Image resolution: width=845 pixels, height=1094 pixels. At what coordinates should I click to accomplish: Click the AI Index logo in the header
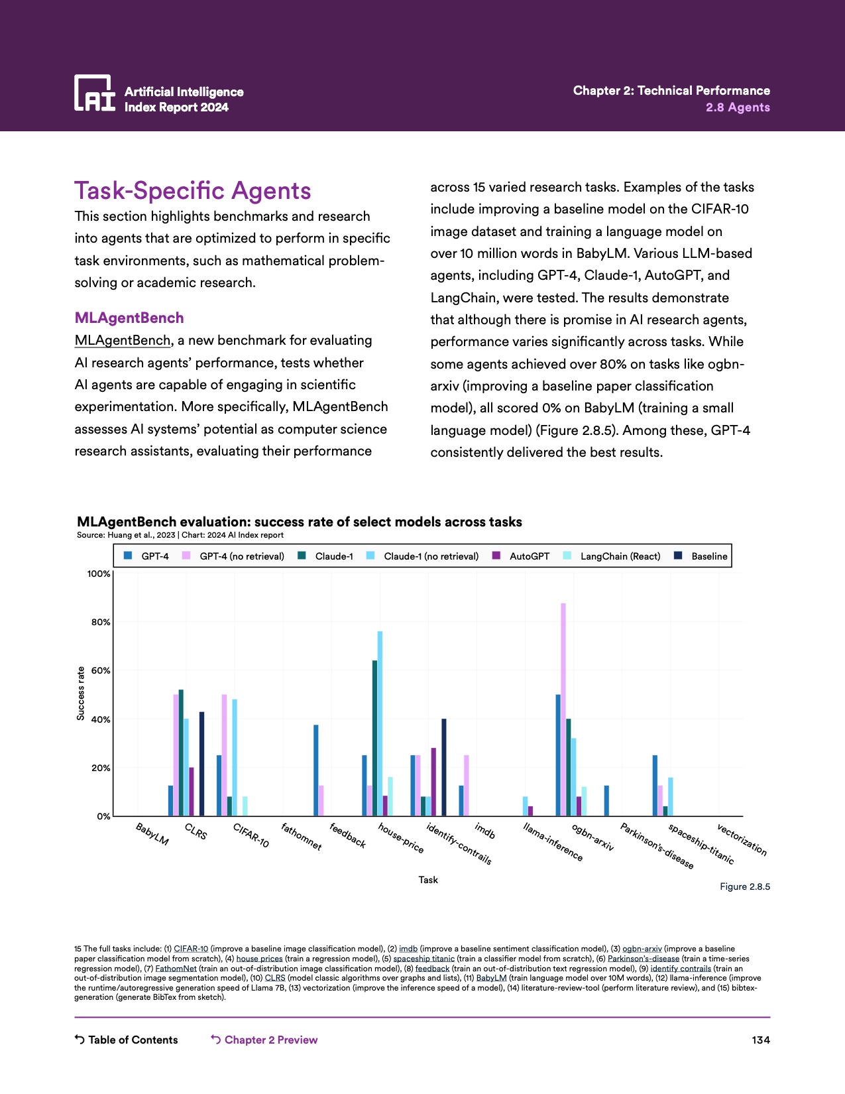(x=94, y=93)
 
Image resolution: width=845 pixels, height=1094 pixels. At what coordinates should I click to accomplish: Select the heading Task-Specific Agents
(x=192, y=191)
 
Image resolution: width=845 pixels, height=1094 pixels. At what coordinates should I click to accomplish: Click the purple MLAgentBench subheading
(x=129, y=318)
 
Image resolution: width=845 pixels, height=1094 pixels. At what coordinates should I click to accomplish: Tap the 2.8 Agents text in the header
(x=738, y=107)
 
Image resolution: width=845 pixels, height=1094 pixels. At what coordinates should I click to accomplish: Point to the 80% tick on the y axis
(x=101, y=622)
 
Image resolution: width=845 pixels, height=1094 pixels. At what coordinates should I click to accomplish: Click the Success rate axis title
(x=81, y=694)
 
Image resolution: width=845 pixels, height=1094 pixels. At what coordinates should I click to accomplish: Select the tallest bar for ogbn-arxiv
(x=563, y=709)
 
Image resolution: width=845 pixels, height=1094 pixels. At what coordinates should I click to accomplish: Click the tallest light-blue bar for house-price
(x=380, y=723)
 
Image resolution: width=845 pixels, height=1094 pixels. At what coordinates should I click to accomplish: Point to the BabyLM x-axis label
(x=152, y=834)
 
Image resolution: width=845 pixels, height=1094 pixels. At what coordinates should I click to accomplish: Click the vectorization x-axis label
(x=742, y=839)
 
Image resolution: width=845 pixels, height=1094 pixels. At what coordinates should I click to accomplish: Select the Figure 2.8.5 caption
(x=745, y=887)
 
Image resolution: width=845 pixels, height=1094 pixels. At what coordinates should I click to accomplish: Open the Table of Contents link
(x=127, y=1040)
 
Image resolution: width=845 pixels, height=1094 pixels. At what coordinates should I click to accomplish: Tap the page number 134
(x=761, y=1040)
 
